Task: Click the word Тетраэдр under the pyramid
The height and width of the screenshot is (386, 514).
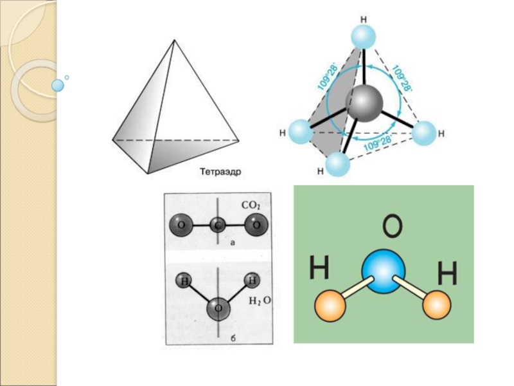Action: pos(223,172)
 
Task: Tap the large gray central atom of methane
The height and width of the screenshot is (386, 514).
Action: pos(364,102)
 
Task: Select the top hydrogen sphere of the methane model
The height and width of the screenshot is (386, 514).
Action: pos(364,36)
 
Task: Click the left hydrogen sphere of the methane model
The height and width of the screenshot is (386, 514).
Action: pos(300,132)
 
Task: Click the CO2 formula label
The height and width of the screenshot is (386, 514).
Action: pos(251,205)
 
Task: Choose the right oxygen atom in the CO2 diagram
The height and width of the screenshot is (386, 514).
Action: pos(256,225)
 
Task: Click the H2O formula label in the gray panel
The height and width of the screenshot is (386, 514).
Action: pos(260,300)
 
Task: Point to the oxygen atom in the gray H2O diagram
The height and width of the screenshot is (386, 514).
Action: pos(218,309)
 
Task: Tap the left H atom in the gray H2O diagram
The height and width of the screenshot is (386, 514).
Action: pos(185,281)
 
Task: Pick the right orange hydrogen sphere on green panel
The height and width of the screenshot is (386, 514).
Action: pos(437,304)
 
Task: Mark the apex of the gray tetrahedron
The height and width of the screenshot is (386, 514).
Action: pos(174,40)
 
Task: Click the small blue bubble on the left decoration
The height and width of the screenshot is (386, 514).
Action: pos(58,85)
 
